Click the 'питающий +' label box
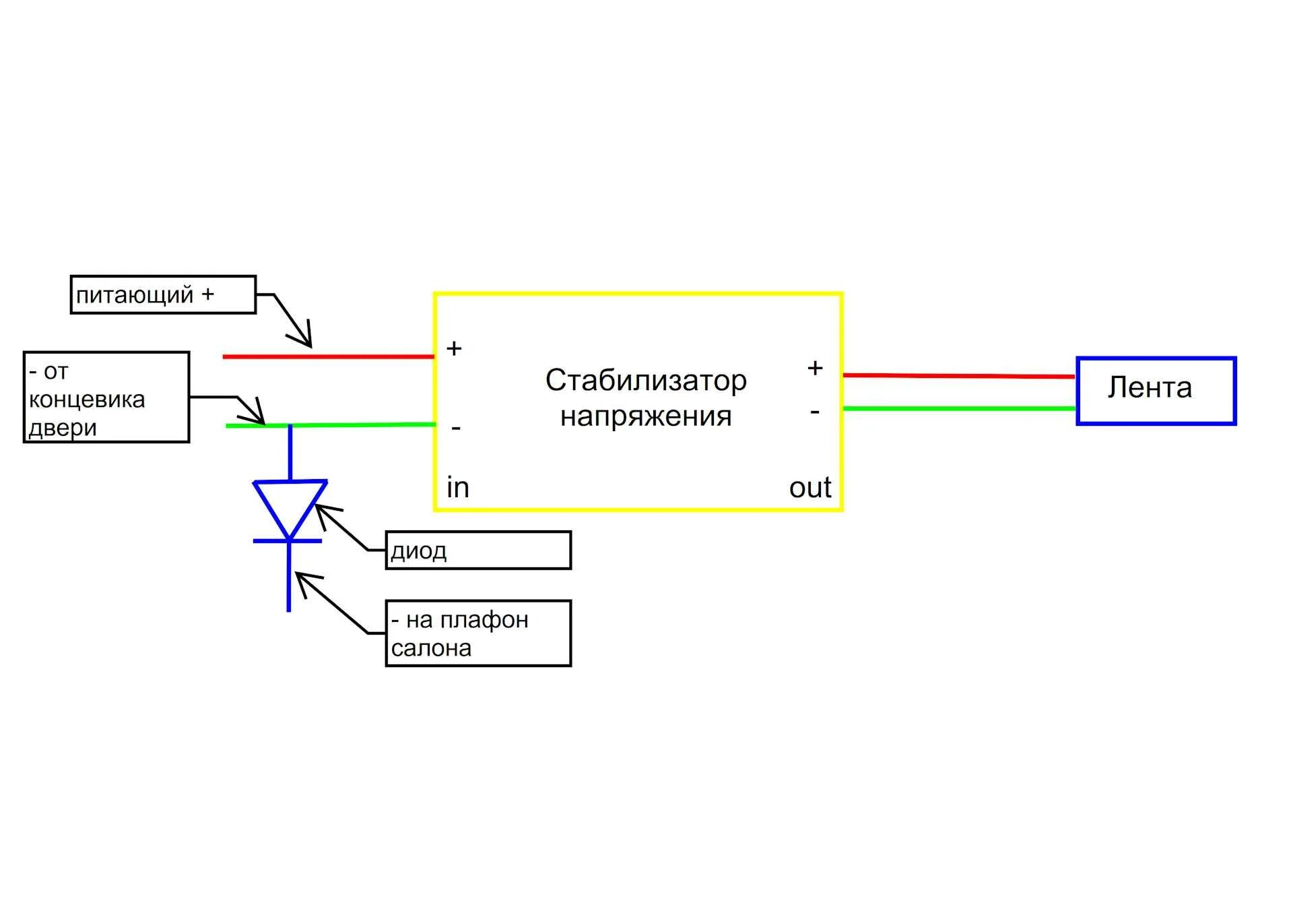(x=163, y=294)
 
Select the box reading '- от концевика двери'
(x=106, y=397)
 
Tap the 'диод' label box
(x=478, y=550)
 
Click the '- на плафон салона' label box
(x=478, y=633)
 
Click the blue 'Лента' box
(x=1156, y=391)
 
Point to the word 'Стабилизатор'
(x=646, y=381)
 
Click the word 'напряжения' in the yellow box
(x=646, y=416)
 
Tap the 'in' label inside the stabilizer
(x=457, y=487)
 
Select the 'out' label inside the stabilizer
(x=810, y=487)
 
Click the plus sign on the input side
(x=454, y=348)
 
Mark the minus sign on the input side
(x=456, y=428)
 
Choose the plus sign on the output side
(x=815, y=368)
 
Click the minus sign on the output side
(x=815, y=411)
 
